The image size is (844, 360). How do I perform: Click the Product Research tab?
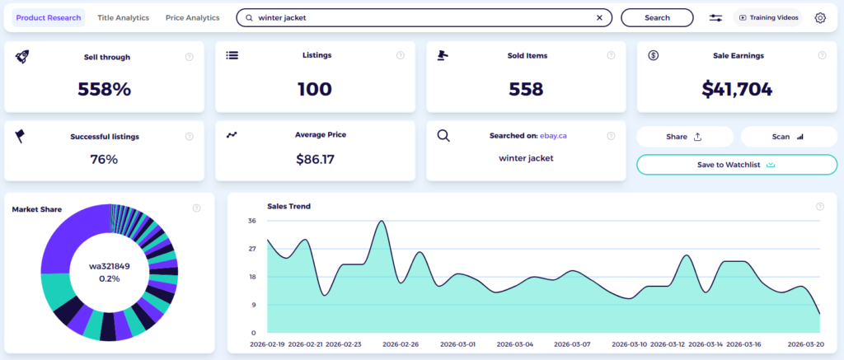(x=49, y=18)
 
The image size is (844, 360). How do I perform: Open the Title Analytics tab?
(x=124, y=18)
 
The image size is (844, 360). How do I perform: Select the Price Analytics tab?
(x=193, y=18)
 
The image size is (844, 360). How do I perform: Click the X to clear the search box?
(x=600, y=18)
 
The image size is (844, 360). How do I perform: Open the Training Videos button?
(x=767, y=18)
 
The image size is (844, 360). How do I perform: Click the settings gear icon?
(x=820, y=18)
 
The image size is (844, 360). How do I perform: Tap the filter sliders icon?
(x=716, y=18)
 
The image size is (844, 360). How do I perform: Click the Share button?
(x=685, y=137)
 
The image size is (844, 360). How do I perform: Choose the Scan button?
(x=789, y=137)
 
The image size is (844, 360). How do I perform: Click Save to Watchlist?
(x=737, y=165)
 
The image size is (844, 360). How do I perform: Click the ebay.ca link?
(x=553, y=136)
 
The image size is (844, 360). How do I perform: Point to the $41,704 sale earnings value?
(x=737, y=89)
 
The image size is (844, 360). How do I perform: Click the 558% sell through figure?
(x=105, y=89)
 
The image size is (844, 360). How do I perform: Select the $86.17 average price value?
(x=315, y=159)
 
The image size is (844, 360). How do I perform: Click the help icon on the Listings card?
(x=401, y=55)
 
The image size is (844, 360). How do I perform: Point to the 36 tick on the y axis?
(x=252, y=221)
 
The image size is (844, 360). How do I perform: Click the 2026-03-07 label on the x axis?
(x=573, y=344)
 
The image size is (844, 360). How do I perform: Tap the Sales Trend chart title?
(x=288, y=206)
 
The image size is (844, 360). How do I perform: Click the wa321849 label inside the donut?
(x=110, y=266)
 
